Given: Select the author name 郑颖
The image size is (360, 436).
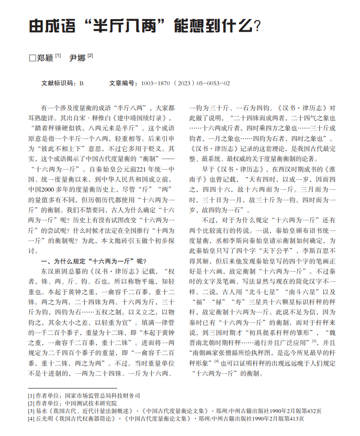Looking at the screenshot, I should coord(45,58).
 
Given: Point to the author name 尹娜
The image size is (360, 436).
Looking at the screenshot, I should coord(78,58).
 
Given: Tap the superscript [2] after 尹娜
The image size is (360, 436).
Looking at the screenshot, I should coord(90,56).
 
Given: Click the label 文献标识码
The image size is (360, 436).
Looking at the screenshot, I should coord(58,83).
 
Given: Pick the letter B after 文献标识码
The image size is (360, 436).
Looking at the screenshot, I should coord(81,83).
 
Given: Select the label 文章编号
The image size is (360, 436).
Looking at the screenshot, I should coord(122,83).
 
